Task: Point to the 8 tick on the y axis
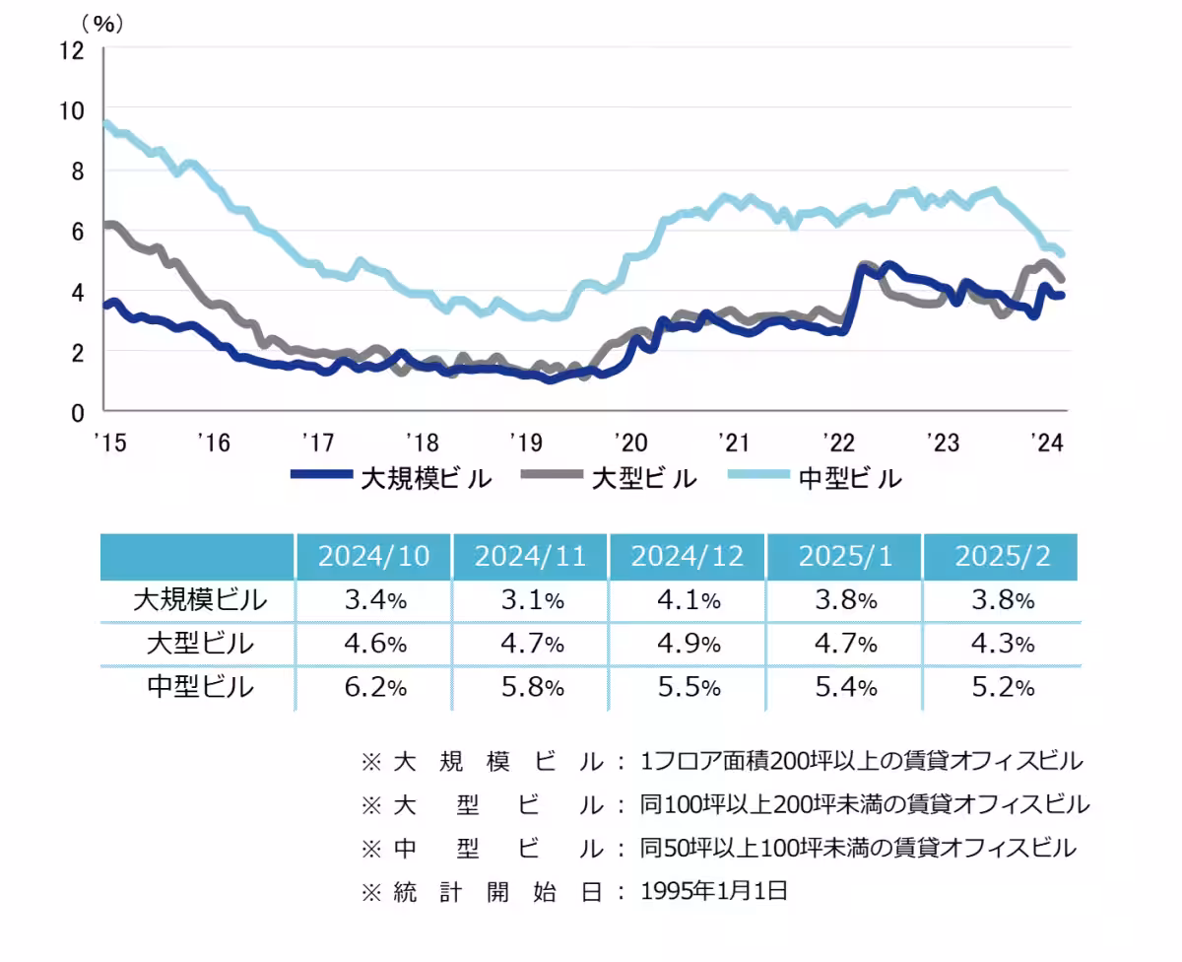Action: coord(76,171)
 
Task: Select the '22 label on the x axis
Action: coord(839,443)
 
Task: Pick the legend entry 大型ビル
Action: coord(644,479)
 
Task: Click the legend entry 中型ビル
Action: coord(849,479)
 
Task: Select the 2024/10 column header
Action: coord(373,556)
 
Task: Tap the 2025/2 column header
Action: coord(1002,556)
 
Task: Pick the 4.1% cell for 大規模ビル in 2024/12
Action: coord(687,599)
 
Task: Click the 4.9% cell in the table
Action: coord(687,644)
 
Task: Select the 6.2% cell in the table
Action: coord(373,687)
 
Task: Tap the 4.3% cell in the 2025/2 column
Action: coord(1002,644)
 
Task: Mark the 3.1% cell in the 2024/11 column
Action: coord(530,599)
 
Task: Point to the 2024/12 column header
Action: coord(687,556)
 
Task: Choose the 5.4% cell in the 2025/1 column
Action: coord(844,687)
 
